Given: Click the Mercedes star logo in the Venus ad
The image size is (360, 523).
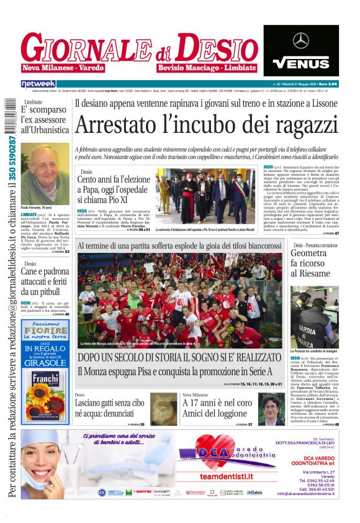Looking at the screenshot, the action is click(x=301, y=41).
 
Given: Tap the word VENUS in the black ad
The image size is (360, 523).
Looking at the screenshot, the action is click(x=301, y=63).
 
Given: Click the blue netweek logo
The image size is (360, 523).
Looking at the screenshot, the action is click(x=38, y=83).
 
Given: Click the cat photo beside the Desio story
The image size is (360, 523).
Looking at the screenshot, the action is click(x=164, y=408).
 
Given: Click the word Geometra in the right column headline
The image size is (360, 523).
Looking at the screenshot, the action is click(x=308, y=253).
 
